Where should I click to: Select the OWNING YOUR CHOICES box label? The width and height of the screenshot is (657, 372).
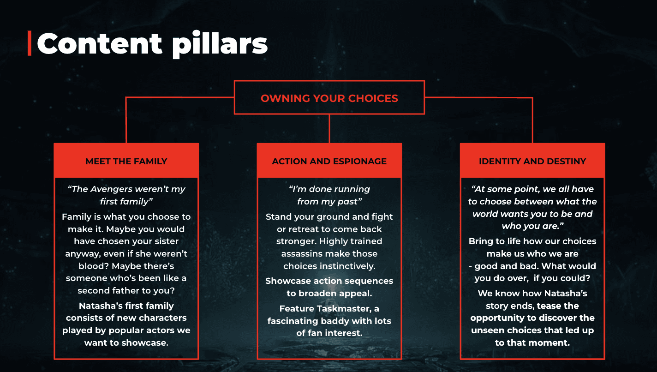(x=329, y=98)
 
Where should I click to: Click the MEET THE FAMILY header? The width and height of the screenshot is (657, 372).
(x=126, y=161)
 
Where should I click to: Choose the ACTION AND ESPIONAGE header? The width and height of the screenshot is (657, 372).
(x=329, y=161)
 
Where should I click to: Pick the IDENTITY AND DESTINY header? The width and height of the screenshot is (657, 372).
(x=532, y=161)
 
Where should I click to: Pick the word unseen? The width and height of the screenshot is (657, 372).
(x=486, y=330)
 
